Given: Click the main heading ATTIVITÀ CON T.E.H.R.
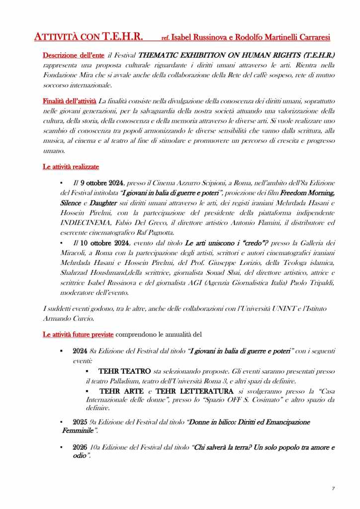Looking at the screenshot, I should (89, 36).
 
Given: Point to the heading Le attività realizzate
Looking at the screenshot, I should (74, 167).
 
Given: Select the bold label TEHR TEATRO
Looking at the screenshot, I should (125, 371).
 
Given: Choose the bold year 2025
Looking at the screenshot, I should (80, 422).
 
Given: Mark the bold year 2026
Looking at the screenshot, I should (80, 447).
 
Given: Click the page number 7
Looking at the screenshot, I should (333, 489).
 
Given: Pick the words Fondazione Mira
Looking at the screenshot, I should (69, 75).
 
